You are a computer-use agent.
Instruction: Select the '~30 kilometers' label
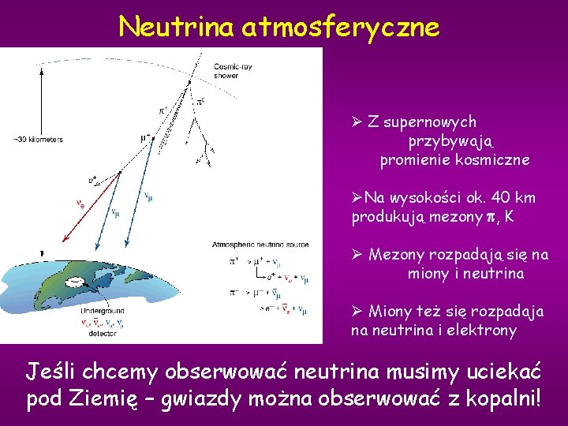pyautogui.click(x=38, y=140)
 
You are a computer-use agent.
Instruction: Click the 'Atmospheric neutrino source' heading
pyautogui.click(x=265, y=245)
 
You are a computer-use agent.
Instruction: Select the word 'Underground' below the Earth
pyautogui.click(x=101, y=311)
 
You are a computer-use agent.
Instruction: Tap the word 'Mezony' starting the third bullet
pyautogui.click(x=397, y=255)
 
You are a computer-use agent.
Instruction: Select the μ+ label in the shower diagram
pyautogui.click(x=145, y=137)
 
